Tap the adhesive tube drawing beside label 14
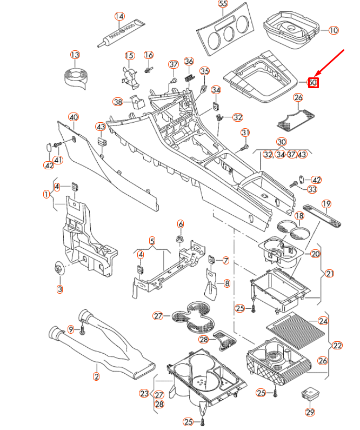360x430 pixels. tap(122, 32)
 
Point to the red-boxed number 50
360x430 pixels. tap(313, 83)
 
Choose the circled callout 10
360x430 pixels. tap(333, 30)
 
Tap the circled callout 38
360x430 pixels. tap(118, 101)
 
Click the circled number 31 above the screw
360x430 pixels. tap(245, 133)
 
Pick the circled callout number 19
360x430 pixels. tap(326, 204)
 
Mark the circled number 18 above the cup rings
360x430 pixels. tap(299, 216)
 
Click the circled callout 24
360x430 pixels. tap(323, 321)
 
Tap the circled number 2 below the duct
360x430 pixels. tap(97, 376)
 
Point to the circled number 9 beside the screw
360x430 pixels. tap(70, 329)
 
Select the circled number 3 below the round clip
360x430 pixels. tap(60, 289)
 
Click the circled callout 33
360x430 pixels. tap(312, 189)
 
